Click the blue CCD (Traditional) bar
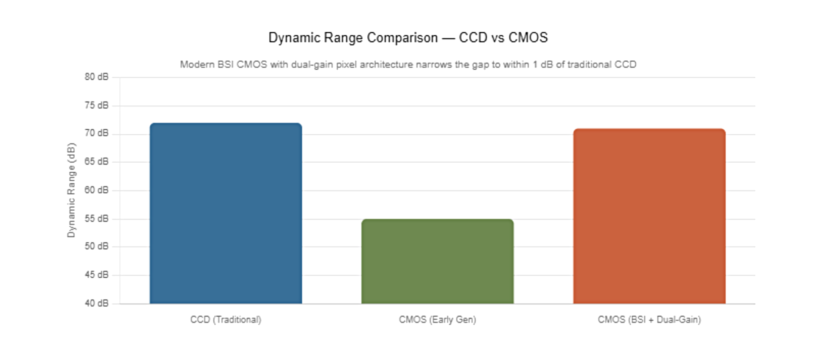coord(226,213)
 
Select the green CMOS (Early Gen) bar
coord(438,261)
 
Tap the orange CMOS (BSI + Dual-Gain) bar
coord(650,216)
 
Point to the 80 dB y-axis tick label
coord(97,77)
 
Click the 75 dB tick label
coord(97,106)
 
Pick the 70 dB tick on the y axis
coord(97,133)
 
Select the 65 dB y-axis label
coord(97,161)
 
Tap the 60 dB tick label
coord(97,190)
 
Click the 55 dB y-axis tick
coord(97,219)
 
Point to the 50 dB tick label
coord(97,246)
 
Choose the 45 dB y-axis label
coord(97,275)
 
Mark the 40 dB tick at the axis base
coord(97,303)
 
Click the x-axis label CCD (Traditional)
coord(226,320)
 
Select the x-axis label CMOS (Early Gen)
coord(438,320)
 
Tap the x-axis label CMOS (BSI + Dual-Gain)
coord(650,320)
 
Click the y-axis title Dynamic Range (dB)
coord(72,190)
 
